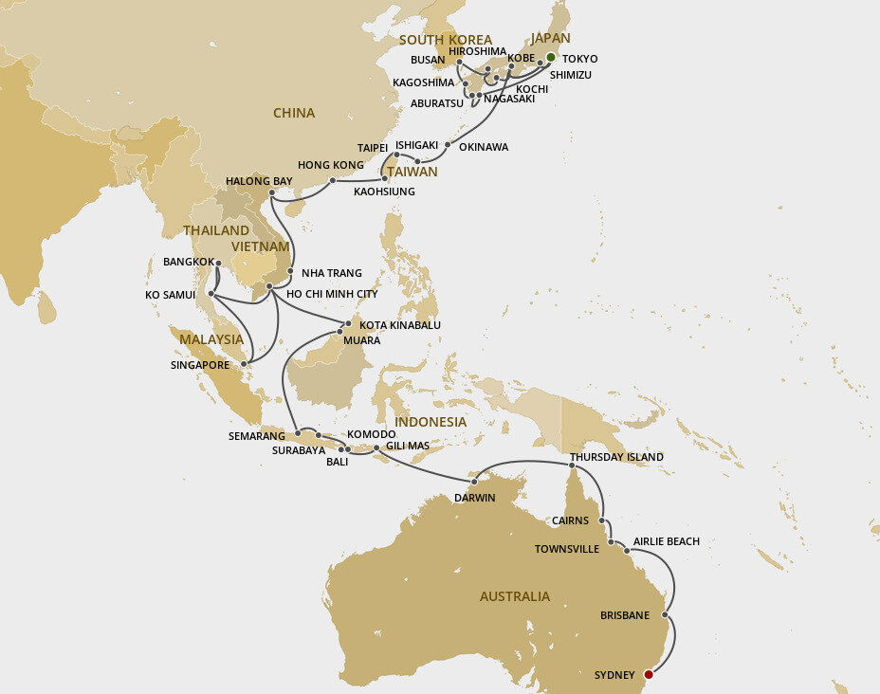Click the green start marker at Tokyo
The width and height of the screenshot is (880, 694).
550,57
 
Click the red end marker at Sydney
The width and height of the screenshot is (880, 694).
649,675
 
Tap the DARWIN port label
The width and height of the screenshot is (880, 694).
475,498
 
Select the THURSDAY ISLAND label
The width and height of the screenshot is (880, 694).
616,457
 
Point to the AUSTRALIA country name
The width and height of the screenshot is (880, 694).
514,596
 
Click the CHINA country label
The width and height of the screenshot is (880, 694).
293,113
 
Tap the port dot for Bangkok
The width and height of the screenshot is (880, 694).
217,263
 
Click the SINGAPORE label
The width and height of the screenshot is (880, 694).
200,364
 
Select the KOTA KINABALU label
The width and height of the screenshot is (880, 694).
400,324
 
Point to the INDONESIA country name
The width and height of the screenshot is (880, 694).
431,422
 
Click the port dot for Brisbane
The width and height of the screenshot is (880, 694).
665,615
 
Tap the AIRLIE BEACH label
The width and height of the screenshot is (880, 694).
666,541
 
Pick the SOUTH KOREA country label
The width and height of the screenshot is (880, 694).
446,40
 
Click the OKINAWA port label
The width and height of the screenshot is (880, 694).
483,147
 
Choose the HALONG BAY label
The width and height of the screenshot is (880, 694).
259,180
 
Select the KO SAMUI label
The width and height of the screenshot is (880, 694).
170,295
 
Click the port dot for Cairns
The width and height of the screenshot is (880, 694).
602,520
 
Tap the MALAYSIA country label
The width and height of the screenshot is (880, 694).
212,338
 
